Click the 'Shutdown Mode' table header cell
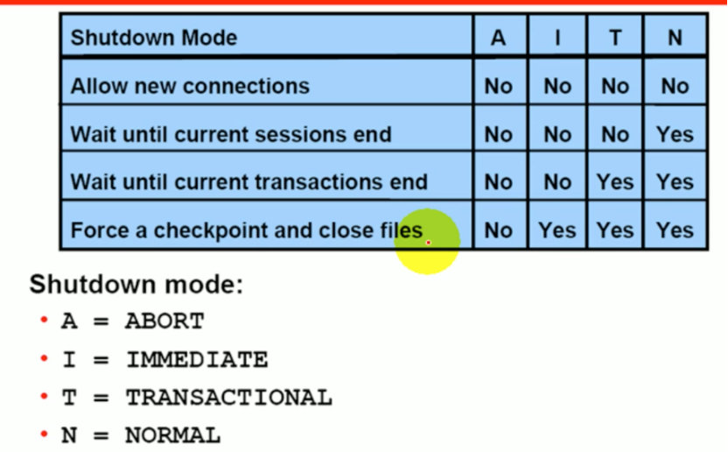(x=154, y=38)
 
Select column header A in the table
(x=498, y=38)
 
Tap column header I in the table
(x=556, y=38)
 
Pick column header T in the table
(x=615, y=38)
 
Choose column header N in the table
(x=675, y=38)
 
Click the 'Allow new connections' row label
(x=190, y=86)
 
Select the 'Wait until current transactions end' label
(x=248, y=182)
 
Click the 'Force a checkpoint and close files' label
(x=246, y=230)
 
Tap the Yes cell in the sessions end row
(x=675, y=134)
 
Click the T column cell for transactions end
(x=615, y=182)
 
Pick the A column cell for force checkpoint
(x=498, y=230)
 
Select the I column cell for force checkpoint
(x=556, y=230)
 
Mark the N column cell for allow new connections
(x=675, y=86)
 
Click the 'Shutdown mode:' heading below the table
(x=136, y=285)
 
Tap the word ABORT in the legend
(x=164, y=321)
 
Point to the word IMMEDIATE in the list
(x=197, y=359)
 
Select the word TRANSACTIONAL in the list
(x=229, y=398)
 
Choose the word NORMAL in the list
(x=172, y=435)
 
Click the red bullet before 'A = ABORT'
(x=44, y=321)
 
